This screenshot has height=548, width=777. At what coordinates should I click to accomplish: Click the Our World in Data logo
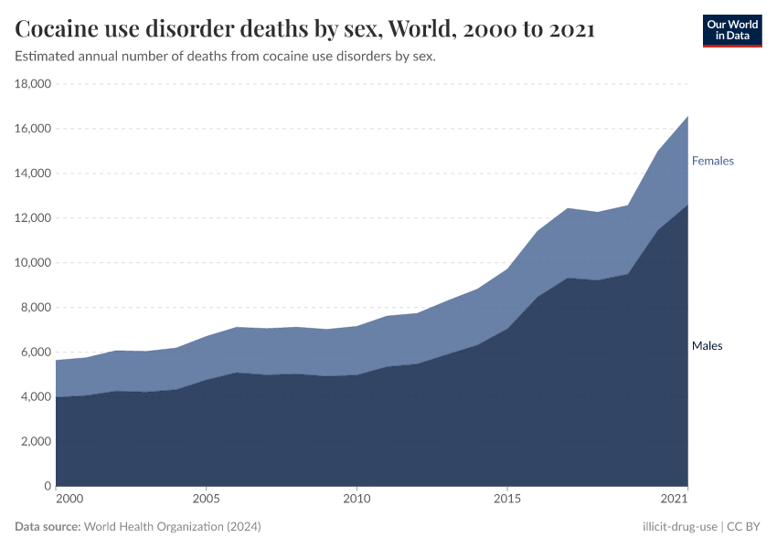pyautogui.click(x=731, y=30)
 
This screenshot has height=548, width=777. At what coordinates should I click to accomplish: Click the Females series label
pyautogui.click(x=712, y=161)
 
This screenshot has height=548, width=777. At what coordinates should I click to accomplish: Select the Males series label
pyautogui.click(x=707, y=346)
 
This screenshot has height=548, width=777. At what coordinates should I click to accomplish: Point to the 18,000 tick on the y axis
pyautogui.click(x=33, y=84)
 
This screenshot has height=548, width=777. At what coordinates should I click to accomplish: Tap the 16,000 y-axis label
pyautogui.click(x=33, y=129)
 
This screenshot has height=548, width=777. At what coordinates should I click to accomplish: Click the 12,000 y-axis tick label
pyautogui.click(x=33, y=218)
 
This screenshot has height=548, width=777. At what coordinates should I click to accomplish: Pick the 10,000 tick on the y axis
pyautogui.click(x=33, y=263)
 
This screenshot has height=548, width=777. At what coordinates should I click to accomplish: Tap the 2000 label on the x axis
pyautogui.click(x=69, y=500)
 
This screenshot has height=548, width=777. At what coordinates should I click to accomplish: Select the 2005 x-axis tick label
pyautogui.click(x=206, y=500)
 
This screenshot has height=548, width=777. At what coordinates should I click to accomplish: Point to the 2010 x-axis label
pyautogui.click(x=357, y=500)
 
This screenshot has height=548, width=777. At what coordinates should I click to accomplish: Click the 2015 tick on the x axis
pyautogui.click(x=507, y=500)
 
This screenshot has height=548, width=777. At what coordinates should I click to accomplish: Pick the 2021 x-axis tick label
pyautogui.click(x=675, y=500)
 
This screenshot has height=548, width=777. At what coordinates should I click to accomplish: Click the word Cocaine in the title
pyautogui.click(x=59, y=30)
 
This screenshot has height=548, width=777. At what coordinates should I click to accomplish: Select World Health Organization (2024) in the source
pyautogui.click(x=172, y=527)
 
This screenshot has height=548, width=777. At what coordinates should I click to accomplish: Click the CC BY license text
pyautogui.click(x=743, y=527)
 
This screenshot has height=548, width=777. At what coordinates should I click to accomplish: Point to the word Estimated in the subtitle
pyautogui.click(x=45, y=57)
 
